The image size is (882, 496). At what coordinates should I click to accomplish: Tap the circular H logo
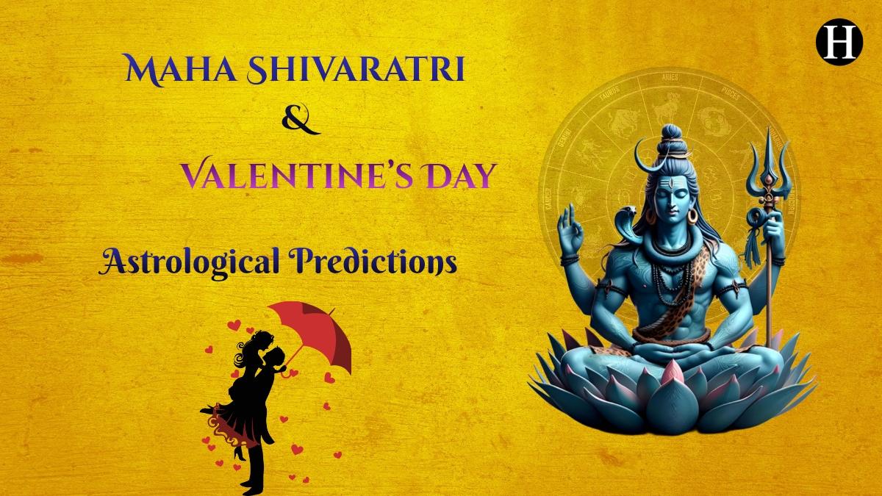(839, 43)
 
